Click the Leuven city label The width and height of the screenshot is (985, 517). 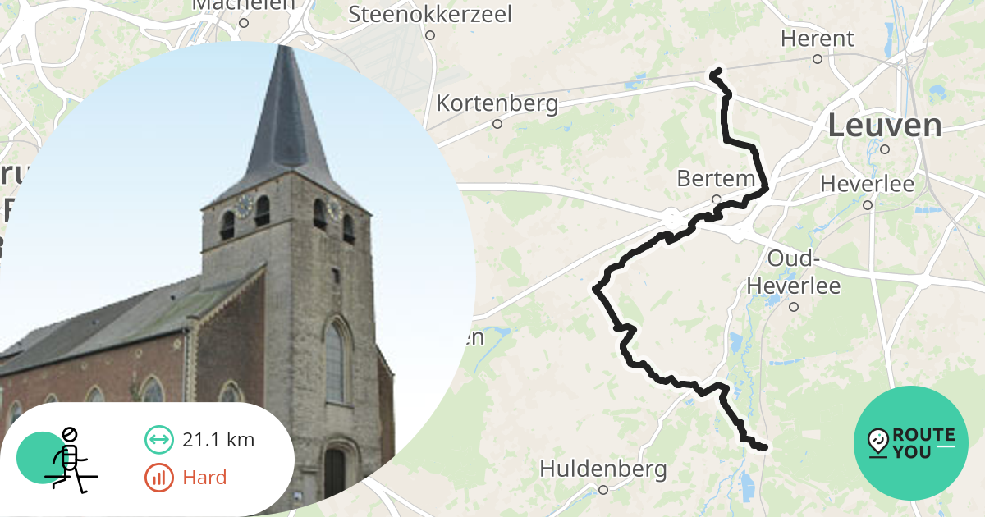point(884,126)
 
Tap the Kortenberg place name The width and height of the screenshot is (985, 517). point(497,104)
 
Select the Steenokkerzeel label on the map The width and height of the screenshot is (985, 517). point(429,14)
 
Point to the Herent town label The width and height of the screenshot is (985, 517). point(817,39)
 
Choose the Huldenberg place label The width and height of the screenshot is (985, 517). point(602,469)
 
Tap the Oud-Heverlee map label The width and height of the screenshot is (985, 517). point(793,272)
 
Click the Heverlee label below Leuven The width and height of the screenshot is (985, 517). point(867,184)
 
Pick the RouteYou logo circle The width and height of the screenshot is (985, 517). point(911,443)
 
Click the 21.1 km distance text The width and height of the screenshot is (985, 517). point(218,440)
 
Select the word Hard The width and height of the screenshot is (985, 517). point(204,478)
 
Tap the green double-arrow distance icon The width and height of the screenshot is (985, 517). point(158,440)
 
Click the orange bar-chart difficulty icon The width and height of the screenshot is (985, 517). point(158,478)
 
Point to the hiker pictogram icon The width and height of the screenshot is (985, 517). point(69,460)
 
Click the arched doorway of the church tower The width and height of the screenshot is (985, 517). point(334,472)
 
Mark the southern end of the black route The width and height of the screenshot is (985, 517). point(765,447)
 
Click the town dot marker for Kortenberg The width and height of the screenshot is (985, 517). point(497,124)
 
